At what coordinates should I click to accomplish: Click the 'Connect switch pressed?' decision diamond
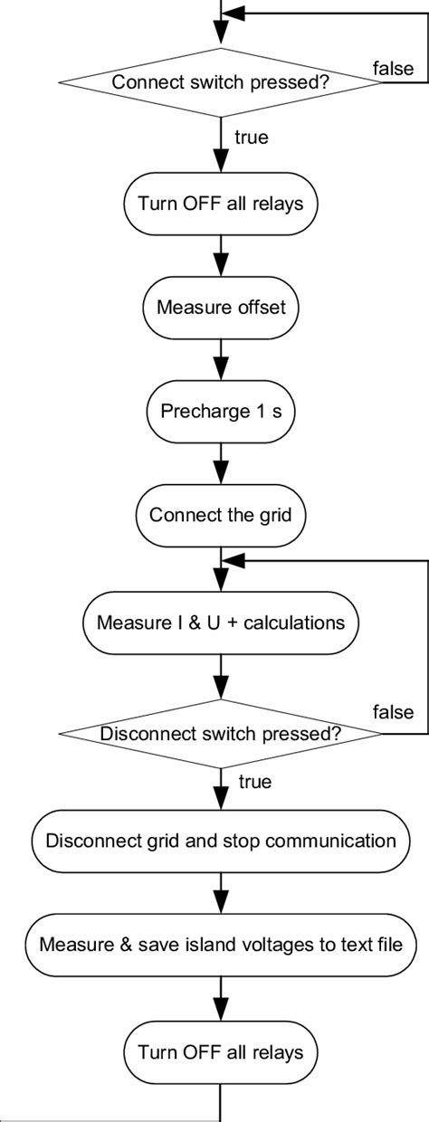(220, 82)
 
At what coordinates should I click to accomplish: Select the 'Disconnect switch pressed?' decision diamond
(220, 734)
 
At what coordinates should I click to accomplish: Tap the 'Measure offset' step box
(221, 307)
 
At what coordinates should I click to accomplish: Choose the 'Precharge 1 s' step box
(221, 412)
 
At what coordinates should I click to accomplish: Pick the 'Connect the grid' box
(221, 516)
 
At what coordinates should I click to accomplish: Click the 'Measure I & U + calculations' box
(221, 623)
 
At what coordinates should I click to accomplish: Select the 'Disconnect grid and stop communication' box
(221, 841)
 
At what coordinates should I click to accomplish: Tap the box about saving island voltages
(221, 946)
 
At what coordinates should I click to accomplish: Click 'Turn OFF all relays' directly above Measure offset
(221, 202)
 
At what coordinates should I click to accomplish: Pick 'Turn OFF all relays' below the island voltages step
(221, 1052)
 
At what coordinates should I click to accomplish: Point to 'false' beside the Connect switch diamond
(393, 68)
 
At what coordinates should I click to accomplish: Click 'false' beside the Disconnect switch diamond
(393, 713)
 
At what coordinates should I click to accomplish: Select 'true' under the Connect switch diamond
(251, 138)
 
